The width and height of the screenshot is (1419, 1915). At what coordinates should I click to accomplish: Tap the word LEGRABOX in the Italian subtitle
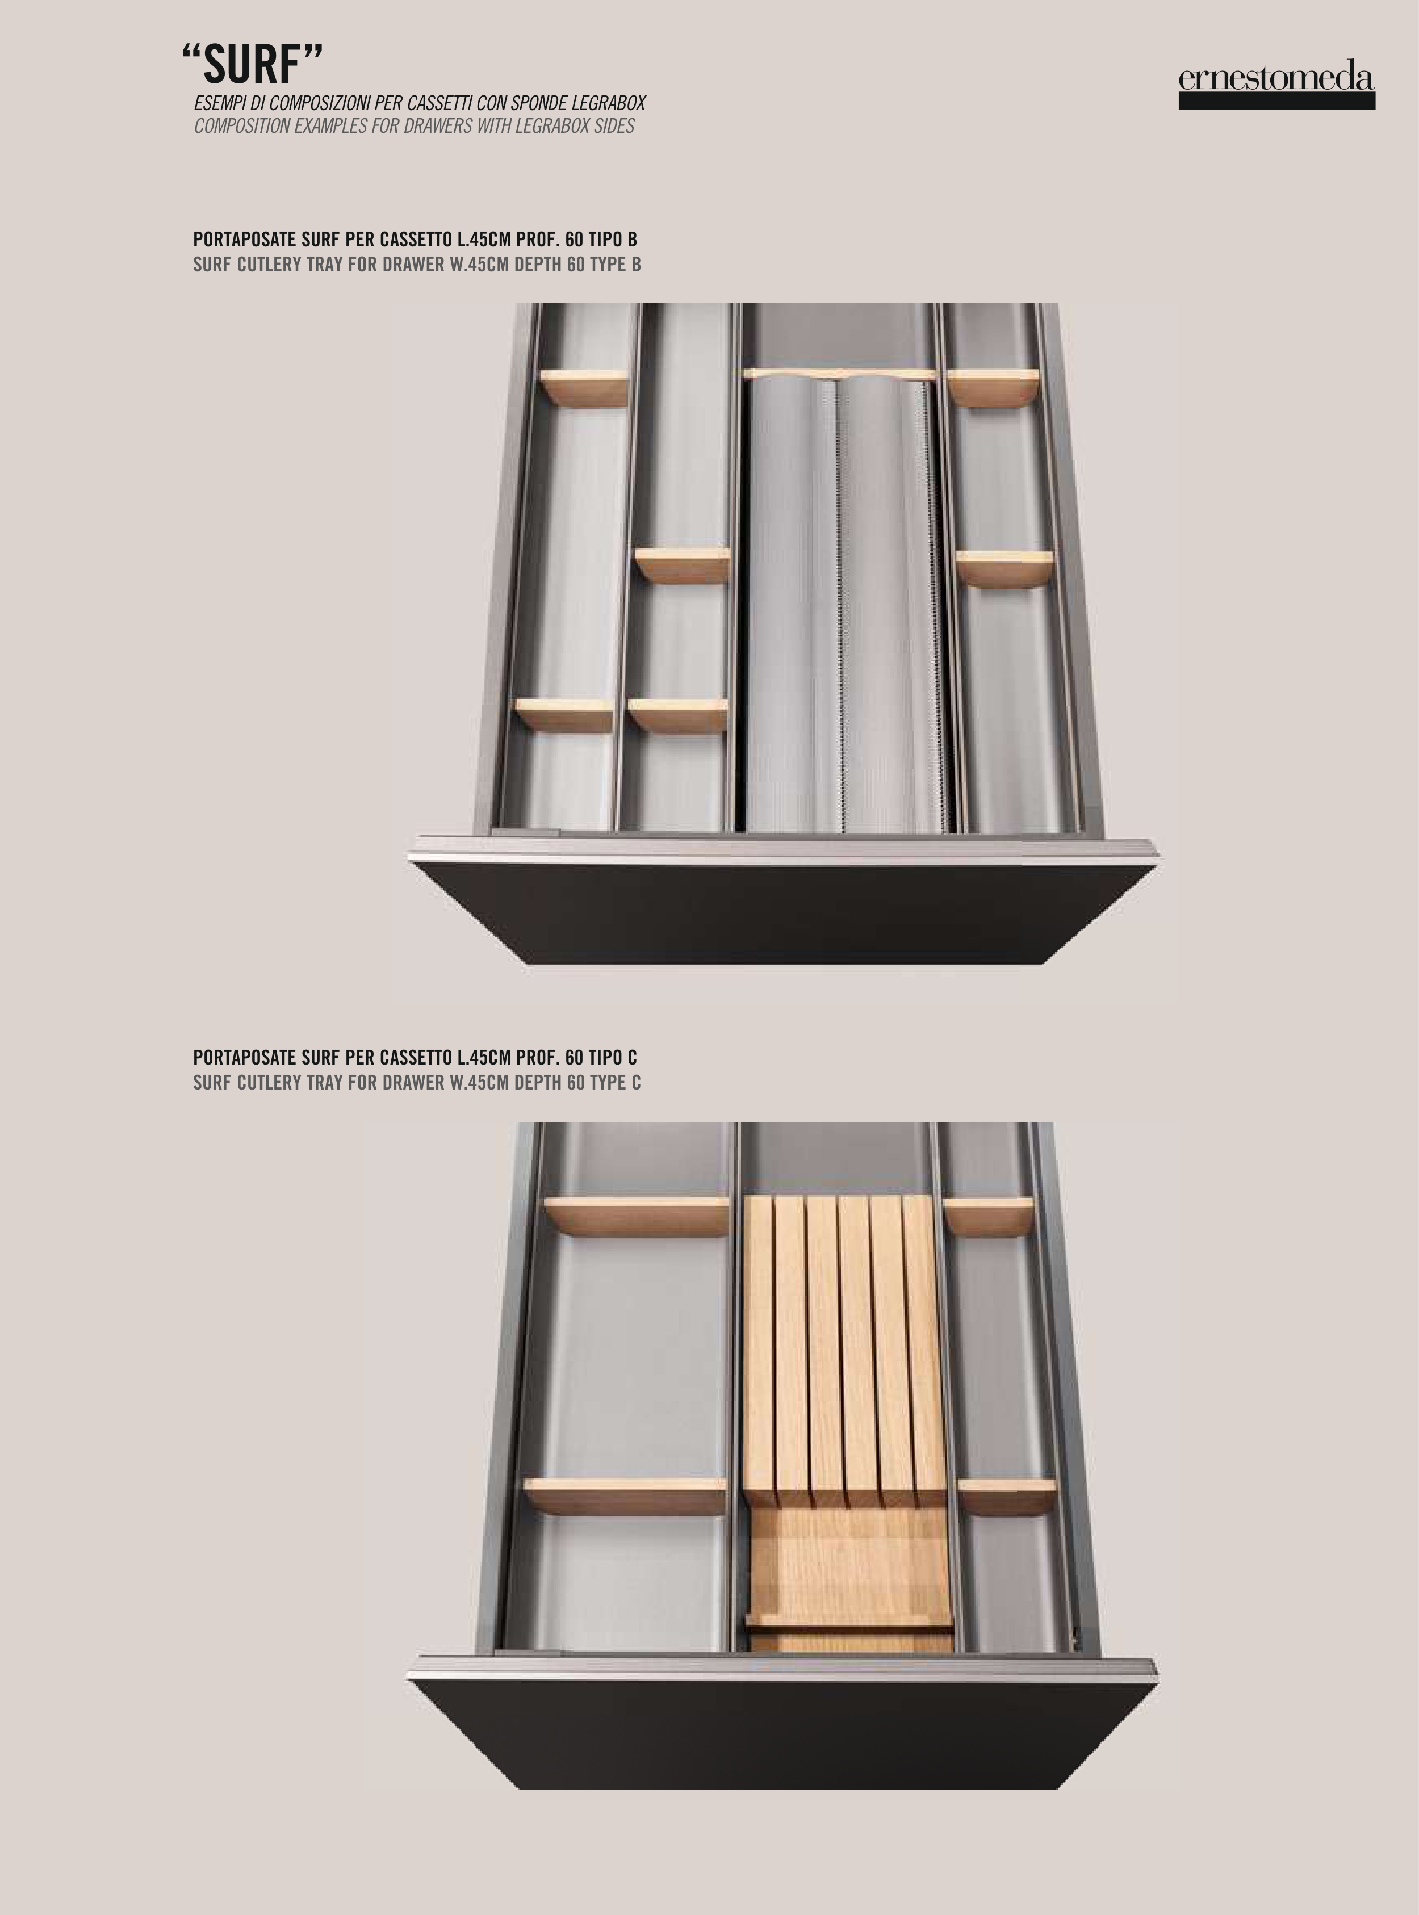(607, 104)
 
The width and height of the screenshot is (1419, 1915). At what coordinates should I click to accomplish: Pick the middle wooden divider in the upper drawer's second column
(682, 565)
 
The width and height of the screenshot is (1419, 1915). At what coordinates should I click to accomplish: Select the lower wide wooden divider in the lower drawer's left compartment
(625, 1497)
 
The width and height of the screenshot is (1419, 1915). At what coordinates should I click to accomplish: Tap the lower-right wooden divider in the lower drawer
(1006, 1497)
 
